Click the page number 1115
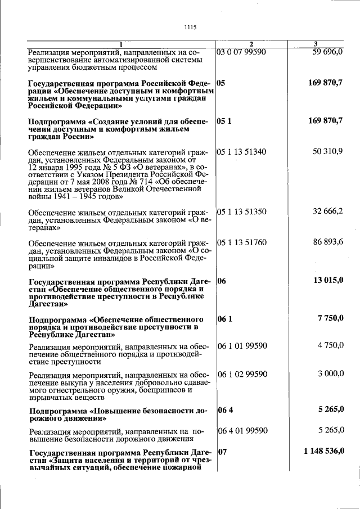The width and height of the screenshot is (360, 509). point(190,27)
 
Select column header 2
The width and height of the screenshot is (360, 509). point(251,44)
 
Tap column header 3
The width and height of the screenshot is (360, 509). point(316,44)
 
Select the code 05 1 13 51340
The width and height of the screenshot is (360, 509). point(242,152)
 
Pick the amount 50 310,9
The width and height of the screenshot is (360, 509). point(328,152)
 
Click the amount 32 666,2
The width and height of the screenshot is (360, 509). point(328,211)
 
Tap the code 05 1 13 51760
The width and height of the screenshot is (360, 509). point(242,242)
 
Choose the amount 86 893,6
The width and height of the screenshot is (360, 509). point(328,242)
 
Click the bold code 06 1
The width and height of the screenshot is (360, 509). point(225,319)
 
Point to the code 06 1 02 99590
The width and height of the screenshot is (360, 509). point(242,374)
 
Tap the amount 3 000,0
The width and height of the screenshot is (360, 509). point(330,374)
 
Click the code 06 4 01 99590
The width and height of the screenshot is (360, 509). point(242,430)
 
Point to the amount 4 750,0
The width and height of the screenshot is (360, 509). point(330,345)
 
